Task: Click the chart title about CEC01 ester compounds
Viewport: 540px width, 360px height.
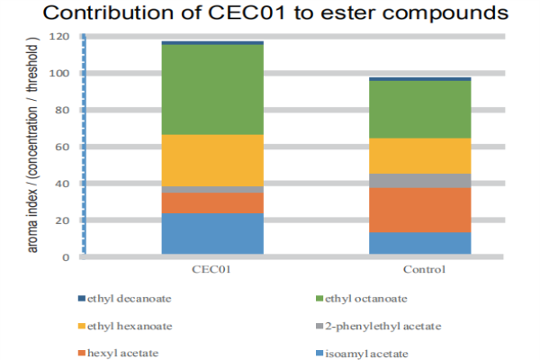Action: pos(269,15)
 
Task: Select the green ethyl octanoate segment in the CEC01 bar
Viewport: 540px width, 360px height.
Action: pos(211,89)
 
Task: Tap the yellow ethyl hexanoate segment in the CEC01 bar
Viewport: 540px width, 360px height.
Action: pos(211,160)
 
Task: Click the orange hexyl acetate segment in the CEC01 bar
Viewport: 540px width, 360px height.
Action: pos(211,202)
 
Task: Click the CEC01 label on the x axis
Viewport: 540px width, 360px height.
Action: pos(211,269)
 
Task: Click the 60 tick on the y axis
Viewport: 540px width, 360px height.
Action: pos(62,147)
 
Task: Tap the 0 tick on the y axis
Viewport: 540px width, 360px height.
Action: pos(65,257)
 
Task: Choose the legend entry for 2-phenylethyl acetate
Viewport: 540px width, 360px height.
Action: pos(377,325)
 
